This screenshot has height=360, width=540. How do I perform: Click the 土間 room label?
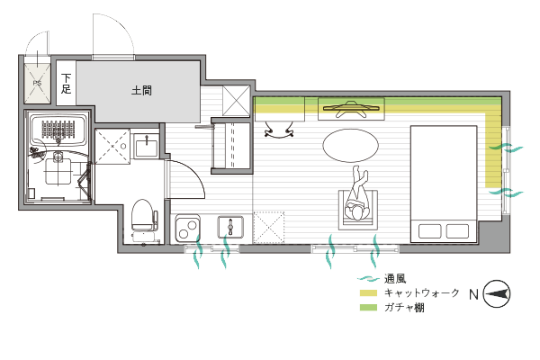tap(141, 91)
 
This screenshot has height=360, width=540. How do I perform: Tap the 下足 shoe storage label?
tap(66, 84)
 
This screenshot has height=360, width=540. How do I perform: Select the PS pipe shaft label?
tap(37, 83)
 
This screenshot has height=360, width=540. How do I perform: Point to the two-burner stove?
tap(188, 228)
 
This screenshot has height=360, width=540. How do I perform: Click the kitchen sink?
tap(230, 228)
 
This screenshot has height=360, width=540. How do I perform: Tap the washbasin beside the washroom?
tap(147, 146)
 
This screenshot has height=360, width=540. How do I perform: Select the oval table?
tap(351, 146)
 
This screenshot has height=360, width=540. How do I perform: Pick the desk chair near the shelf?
tap(279, 131)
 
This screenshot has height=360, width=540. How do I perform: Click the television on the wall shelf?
tap(351, 109)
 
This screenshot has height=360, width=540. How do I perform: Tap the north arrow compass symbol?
tap(497, 294)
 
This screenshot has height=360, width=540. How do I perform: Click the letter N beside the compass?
tap(474, 294)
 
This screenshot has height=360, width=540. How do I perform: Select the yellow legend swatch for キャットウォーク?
tap(368, 293)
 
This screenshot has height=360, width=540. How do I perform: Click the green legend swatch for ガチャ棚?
tap(368, 307)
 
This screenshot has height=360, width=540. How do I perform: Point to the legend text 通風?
tap(395, 279)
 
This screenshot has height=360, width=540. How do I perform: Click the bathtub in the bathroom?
tap(58, 130)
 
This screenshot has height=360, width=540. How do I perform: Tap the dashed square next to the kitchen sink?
tap(268, 228)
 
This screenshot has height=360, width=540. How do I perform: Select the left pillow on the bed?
tap(430, 231)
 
